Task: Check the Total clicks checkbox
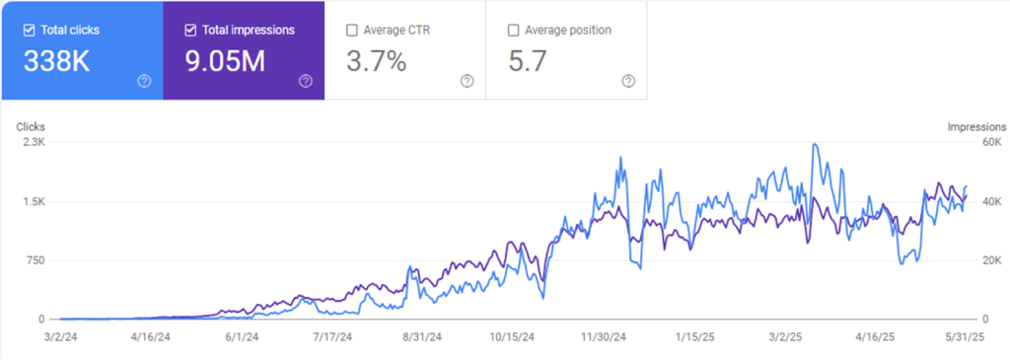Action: point(29,31)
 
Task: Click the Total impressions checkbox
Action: point(190,31)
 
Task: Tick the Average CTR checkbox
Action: point(352,31)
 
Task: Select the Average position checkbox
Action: point(513,31)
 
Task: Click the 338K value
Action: point(56,62)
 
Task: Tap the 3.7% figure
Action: point(377,62)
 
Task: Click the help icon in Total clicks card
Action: point(144,81)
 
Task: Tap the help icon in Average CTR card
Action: point(467,81)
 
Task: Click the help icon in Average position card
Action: point(628,81)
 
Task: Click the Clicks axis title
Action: point(30,127)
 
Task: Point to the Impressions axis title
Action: point(976,127)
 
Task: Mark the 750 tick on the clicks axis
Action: point(35,260)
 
